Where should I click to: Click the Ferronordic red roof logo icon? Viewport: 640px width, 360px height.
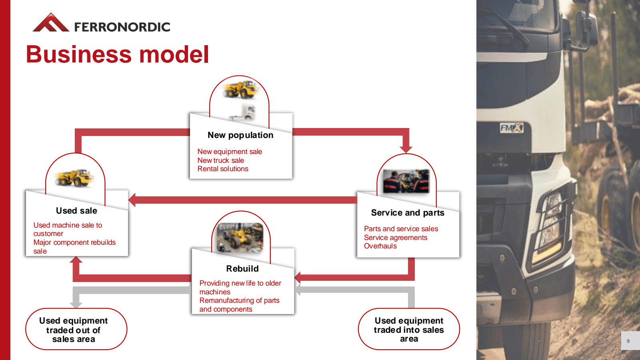click(50, 23)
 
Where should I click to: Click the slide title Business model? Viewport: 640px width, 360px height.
click(117, 54)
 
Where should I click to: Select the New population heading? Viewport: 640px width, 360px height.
click(240, 135)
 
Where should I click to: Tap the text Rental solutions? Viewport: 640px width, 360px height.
click(223, 169)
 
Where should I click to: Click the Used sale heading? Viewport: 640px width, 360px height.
click(76, 211)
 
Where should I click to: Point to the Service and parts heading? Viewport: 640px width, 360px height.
click(408, 213)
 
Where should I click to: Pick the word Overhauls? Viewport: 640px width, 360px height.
click(380, 246)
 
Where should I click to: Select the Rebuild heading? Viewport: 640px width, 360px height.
click(242, 269)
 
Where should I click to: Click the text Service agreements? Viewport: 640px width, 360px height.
click(396, 238)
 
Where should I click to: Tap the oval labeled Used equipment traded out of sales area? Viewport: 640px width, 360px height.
click(76, 329)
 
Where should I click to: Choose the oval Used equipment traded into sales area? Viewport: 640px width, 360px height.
click(409, 329)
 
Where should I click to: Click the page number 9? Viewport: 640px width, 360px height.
click(628, 341)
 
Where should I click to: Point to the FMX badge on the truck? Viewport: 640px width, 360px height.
click(511, 128)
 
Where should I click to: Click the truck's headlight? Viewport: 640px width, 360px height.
click(552, 224)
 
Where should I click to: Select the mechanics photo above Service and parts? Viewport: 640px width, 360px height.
click(406, 181)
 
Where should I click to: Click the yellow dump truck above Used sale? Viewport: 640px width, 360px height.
click(74, 178)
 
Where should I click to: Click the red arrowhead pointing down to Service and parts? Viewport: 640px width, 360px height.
click(406, 149)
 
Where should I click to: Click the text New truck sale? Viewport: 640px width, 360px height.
click(220, 160)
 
